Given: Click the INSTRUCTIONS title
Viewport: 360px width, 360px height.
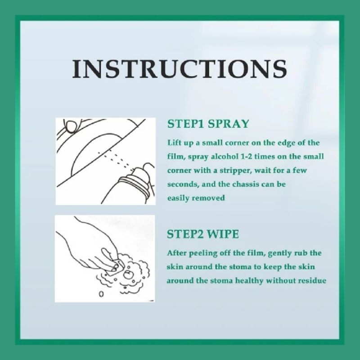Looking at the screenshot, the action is (x=180, y=69).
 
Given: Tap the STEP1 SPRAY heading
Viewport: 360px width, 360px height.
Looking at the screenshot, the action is (x=208, y=124).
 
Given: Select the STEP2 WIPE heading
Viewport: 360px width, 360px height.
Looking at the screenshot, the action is (x=203, y=234).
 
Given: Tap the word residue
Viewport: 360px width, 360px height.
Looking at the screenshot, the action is (x=312, y=281).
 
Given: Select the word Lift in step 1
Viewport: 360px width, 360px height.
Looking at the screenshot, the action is (x=172, y=143).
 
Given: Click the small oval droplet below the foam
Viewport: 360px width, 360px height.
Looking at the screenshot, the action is (x=101, y=294).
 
